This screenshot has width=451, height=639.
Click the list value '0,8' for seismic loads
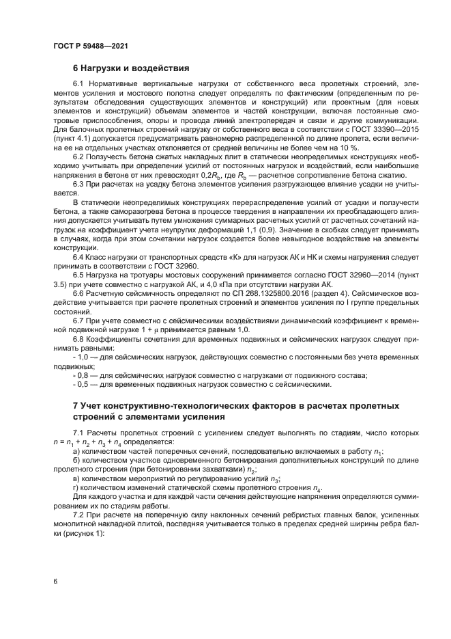[85, 374]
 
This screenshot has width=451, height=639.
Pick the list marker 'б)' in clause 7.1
[77, 461]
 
